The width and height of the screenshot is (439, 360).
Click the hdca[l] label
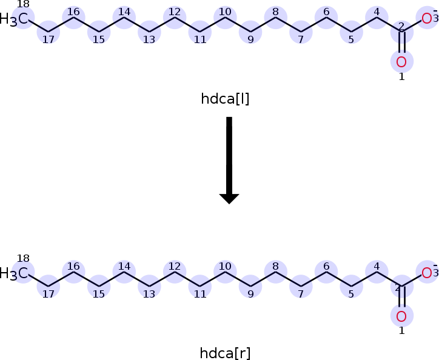pos(225,98)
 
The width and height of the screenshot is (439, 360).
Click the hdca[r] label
pos(225,353)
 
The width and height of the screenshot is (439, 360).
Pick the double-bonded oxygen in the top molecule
pos(401,61)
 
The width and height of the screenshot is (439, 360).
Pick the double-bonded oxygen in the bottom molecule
pos(401,316)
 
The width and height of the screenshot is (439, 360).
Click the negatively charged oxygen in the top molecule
pos(427,19)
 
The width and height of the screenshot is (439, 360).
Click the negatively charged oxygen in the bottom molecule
pos(427,273)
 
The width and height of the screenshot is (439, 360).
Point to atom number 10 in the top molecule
pos(225,18)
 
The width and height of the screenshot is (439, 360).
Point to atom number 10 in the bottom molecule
pos(225,272)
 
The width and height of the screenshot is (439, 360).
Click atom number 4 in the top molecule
pos(377,18)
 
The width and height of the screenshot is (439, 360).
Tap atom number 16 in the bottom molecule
pos(73,272)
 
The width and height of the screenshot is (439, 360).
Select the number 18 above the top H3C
pos(23,5)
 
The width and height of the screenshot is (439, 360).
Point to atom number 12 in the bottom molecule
pos(175,272)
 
